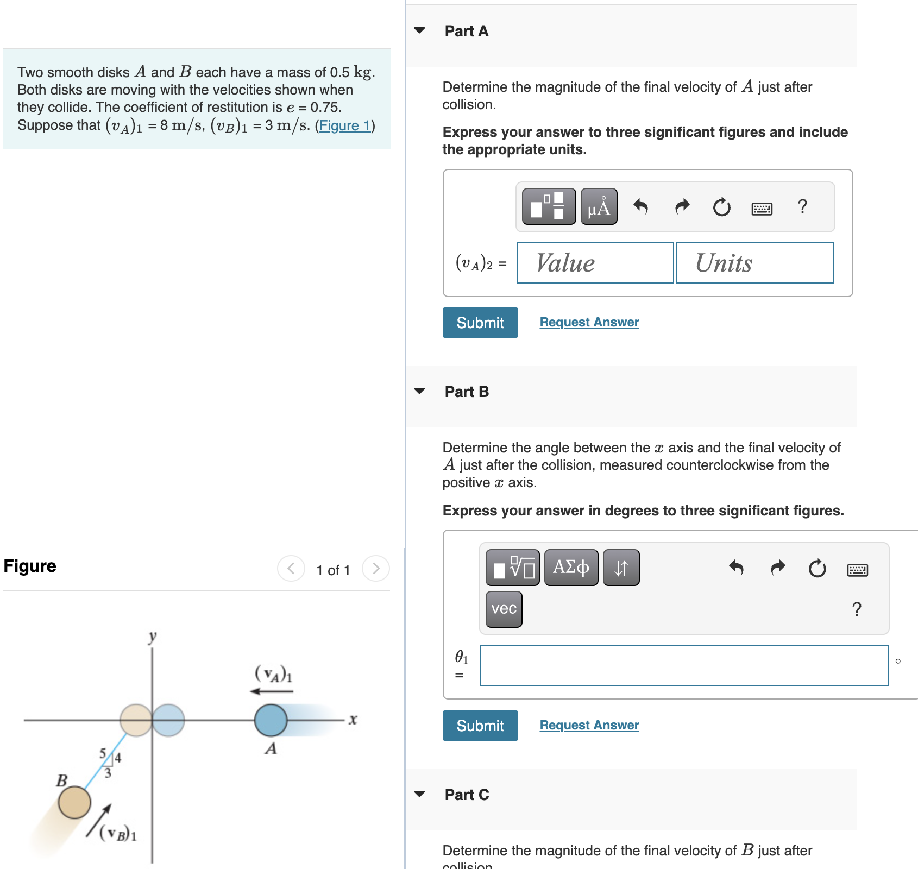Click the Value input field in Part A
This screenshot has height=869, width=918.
tap(595, 263)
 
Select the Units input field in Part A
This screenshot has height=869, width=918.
tap(754, 263)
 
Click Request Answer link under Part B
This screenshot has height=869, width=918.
tap(589, 725)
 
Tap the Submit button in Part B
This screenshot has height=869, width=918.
tap(480, 726)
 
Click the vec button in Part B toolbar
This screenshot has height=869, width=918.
tap(504, 609)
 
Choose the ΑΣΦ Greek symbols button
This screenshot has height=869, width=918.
tap(571, 568)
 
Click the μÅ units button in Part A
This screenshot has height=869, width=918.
tap(599, 207)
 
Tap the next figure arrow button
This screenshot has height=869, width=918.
tap(376, 569)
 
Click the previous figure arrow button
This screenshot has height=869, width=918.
tap(291, 569)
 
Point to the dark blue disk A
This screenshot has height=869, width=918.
tap(271, 720)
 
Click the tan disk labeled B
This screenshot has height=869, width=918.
tap(74, 802)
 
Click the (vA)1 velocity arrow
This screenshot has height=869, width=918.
tap(271, 691)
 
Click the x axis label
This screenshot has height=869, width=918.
tap(353, 720)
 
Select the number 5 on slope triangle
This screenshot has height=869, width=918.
tap(103, 753)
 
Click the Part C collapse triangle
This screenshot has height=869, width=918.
tap(419, 794)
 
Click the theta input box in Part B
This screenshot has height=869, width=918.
tap(684, 665)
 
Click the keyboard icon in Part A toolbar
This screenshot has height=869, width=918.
tap(762, 209)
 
